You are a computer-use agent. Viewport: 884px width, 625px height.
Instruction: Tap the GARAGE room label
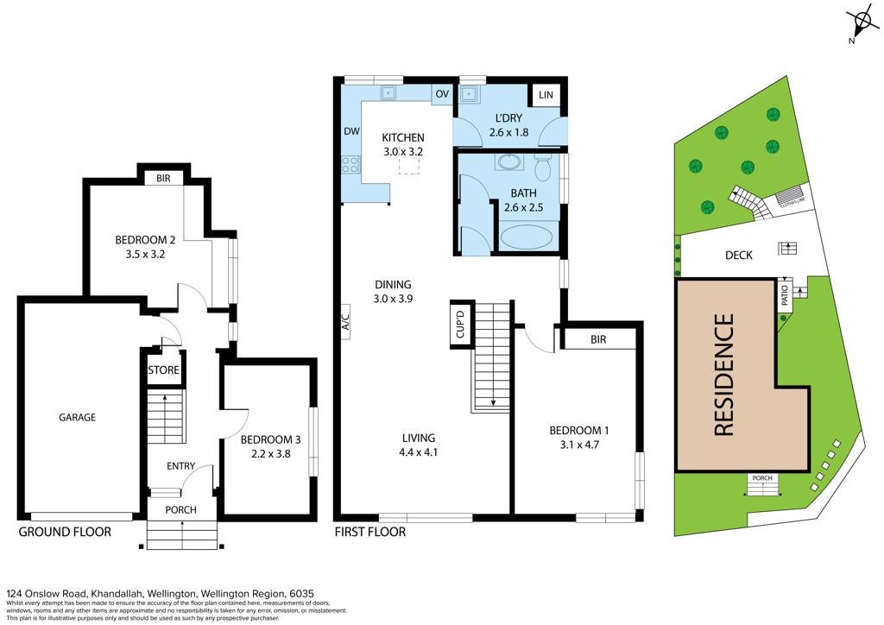pos(77,417)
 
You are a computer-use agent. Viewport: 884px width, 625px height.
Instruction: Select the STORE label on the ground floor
pos(163,370)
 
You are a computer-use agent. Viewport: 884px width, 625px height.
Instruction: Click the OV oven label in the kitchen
pos(442,93)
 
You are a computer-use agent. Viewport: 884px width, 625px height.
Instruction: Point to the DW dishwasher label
pos(352,131)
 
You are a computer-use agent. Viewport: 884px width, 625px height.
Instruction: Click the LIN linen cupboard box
pos(546,95)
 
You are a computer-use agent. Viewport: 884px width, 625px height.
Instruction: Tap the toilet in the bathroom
pos(542,167)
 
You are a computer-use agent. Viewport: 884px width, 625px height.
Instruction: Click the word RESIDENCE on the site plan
pos(724,375)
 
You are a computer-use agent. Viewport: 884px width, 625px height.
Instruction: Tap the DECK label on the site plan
pos(739,256)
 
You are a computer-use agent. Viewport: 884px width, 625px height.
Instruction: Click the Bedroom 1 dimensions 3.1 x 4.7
pos(579,445)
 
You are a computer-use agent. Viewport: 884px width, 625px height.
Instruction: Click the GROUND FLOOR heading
pos(65,532)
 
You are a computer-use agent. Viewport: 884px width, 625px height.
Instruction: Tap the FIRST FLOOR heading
pos(369,532)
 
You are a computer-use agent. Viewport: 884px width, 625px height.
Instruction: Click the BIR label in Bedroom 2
pos(163,178)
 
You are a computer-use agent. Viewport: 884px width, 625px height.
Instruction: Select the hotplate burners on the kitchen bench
pos(350,165)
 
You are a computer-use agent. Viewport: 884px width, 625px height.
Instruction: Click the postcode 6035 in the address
pos(301,593)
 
